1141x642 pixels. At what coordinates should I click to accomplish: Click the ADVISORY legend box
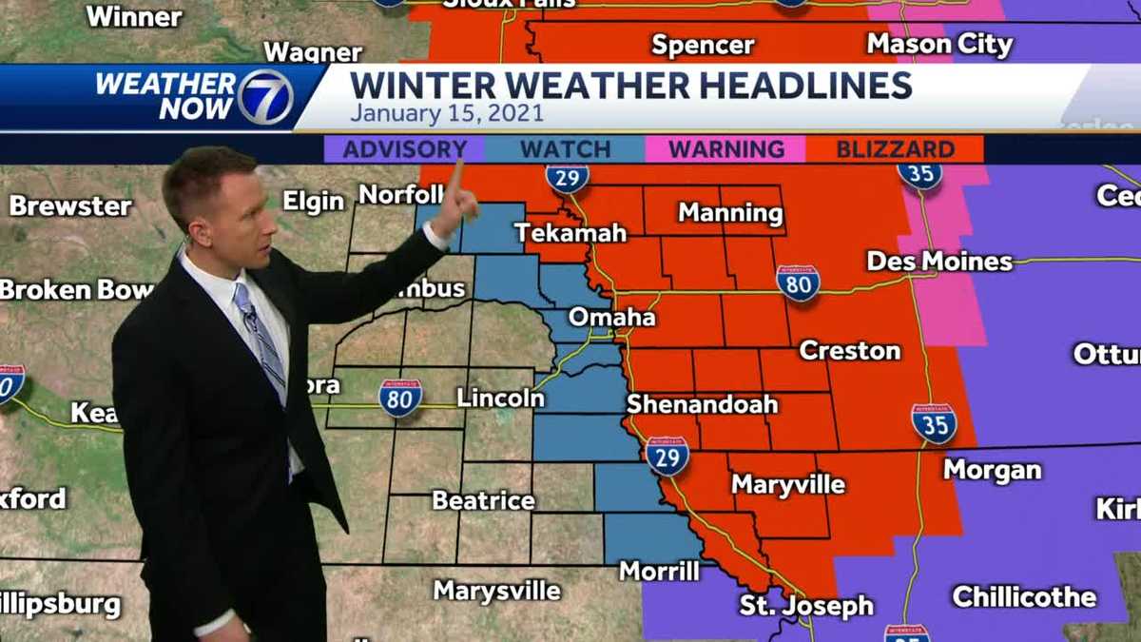[404, 149]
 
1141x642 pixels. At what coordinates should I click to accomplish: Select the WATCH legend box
[565, 149]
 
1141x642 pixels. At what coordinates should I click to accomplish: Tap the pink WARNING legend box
[725, 149]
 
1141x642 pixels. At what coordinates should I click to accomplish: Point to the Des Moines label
[939, 261]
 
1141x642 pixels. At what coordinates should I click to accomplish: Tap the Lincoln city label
[500, 398]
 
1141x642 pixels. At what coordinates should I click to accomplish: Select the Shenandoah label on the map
[702, 404]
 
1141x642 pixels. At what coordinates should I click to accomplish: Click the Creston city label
[849, 350]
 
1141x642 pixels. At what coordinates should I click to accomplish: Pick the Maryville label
[787, 484]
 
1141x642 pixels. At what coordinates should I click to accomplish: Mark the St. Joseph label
[806, 605]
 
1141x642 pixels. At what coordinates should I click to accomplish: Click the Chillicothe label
[1024, 597]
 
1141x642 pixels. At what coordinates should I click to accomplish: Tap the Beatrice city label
[483, 499]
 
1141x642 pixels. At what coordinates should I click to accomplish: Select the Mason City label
[939, 44]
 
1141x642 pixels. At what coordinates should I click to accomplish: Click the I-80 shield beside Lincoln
[400, 399]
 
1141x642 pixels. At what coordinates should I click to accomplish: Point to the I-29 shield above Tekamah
[567, 177]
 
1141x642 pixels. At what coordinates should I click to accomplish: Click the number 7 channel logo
[265, 97]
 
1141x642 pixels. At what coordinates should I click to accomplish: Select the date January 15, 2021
[447, 113]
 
